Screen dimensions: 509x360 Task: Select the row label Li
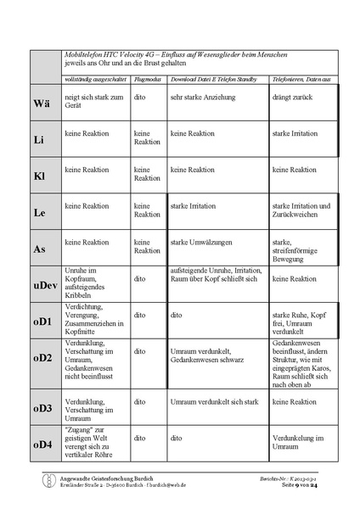39,138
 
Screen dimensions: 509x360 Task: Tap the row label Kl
39,176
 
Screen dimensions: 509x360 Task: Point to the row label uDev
43,284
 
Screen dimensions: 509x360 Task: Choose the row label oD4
42,445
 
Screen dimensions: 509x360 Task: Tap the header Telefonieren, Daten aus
301,79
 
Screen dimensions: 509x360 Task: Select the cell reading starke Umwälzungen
203,243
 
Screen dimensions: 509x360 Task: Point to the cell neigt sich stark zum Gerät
94,102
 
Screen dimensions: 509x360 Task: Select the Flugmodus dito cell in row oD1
139,314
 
